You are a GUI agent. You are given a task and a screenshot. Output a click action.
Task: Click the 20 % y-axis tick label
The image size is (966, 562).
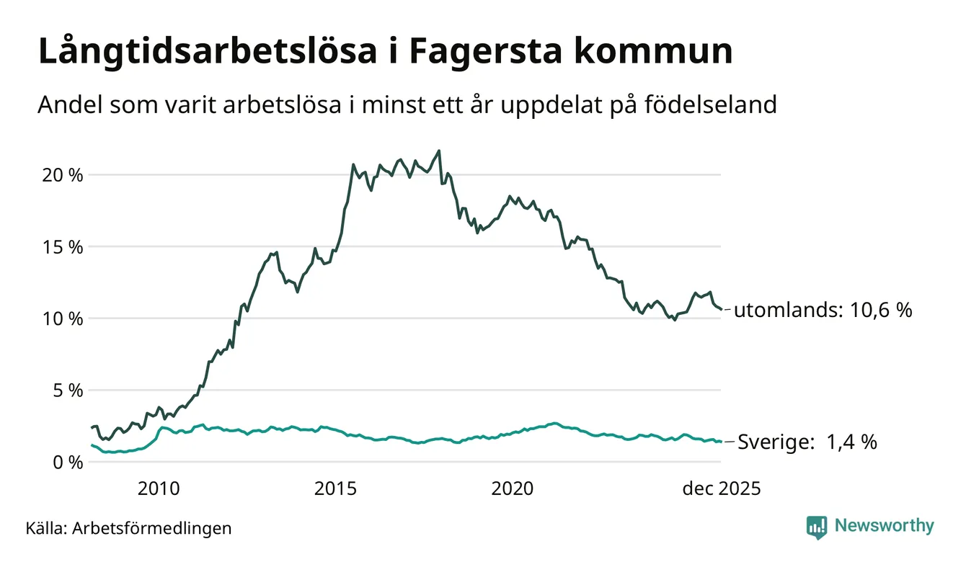[x=63, y=175]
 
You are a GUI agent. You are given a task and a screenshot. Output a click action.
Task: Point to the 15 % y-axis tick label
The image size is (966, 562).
[x=63, y=247]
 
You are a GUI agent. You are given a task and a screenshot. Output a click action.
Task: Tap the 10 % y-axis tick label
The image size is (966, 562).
[x=63, y=318]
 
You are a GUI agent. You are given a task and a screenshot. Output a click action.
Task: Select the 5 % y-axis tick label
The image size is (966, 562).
[x=68, y=391]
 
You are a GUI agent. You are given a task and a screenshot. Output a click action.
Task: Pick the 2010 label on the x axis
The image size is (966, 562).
[x=158, y=489]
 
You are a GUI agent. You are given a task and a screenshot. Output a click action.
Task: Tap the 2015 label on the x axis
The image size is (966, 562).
[x=335, y=489]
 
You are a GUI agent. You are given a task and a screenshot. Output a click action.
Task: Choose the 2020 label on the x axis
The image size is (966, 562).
[x=513, y=489]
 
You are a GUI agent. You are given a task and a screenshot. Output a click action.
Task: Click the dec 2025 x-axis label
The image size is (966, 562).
[x=722, y=489]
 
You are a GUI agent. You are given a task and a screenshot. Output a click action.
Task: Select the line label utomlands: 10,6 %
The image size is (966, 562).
[x=823, y=311]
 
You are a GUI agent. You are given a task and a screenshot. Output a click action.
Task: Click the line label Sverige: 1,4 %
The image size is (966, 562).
[x=807, y=442]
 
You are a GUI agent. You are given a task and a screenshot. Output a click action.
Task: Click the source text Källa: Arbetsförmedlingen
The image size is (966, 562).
[x=129, y=528]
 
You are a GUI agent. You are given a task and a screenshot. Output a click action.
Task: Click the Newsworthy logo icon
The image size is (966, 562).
[x=817, y=527]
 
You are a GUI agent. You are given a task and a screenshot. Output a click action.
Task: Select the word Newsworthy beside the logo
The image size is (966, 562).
[x=884, y=526]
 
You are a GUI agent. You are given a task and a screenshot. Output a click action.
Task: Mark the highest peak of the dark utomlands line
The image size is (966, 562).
[x=439, y=151]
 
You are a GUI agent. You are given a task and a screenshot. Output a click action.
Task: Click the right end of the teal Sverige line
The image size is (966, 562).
[x=721, y=442]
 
